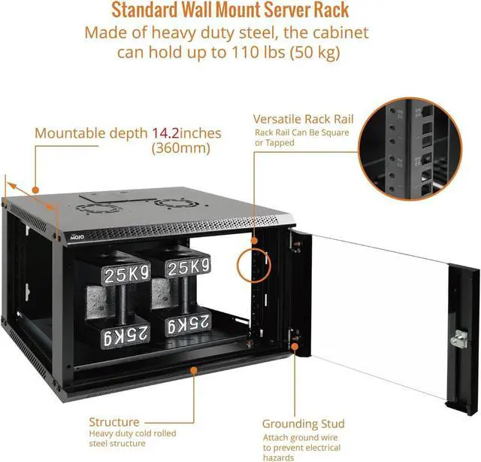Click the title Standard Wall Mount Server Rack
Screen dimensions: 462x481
tap(240, 11)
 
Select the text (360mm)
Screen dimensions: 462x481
tap(180, 148)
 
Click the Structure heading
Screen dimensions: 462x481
tap(114, 422)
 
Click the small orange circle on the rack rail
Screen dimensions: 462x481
tap(254, 265)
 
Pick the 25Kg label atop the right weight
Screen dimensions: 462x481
tap(188, 267)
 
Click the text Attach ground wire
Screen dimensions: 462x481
tap(299, 437)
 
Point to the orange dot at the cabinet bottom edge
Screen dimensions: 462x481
tap(195, 370)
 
